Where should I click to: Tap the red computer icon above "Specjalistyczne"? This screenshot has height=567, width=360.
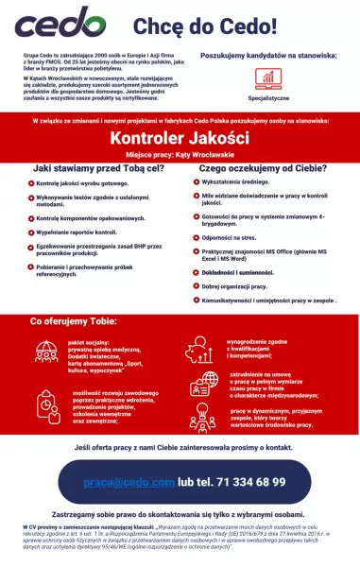pyautogui.click(x=269, y=78)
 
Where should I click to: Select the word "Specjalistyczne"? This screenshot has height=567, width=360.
pyautogui.click(x=269, y=97)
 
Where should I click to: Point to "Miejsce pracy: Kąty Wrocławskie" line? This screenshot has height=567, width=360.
pyautogui.click(x=180, y=155)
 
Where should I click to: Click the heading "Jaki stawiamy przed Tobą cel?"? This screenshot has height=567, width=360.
pyautogui.click(x=96, y=167)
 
